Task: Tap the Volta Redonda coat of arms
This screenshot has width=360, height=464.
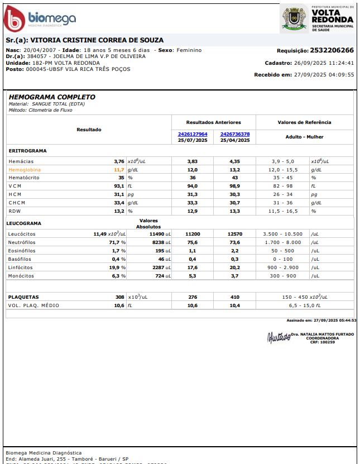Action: [x=293, y=18]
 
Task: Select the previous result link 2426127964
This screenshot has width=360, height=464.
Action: [x=193, y=134]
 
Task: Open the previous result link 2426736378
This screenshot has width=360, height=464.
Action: [x=235, y=134]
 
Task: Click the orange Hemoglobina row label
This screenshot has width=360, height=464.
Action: [x=25, y=169]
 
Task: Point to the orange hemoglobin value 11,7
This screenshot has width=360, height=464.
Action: [x=119, y=169]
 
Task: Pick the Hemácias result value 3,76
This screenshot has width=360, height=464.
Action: [x=119, y=161]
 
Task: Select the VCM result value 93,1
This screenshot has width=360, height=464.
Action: [x=119, y=186]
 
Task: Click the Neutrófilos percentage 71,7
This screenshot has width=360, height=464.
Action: [x=116, y=242]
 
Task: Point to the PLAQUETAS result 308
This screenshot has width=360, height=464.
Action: [x=119, y=297]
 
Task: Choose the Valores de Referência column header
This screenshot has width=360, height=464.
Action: [x=304, y=122]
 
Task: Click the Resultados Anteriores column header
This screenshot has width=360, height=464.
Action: [x=214, y=122]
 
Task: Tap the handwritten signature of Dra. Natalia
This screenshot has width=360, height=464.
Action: [x=279, y=337]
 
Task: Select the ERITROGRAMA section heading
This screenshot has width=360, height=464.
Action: [x=28, y=151]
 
